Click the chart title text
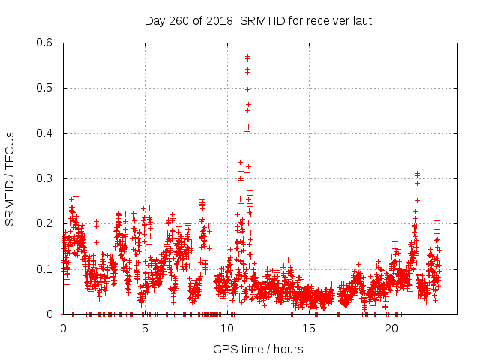[258, 20]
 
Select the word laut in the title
[361, 20]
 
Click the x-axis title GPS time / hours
[258, 349]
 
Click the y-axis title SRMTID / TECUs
[10, 178]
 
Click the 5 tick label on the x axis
[145, 328]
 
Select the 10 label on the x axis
[227, 328]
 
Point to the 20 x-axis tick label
[391, 328]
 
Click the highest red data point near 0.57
[247, 56]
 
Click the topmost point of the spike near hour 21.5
[417, 173]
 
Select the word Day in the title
[154, 20]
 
